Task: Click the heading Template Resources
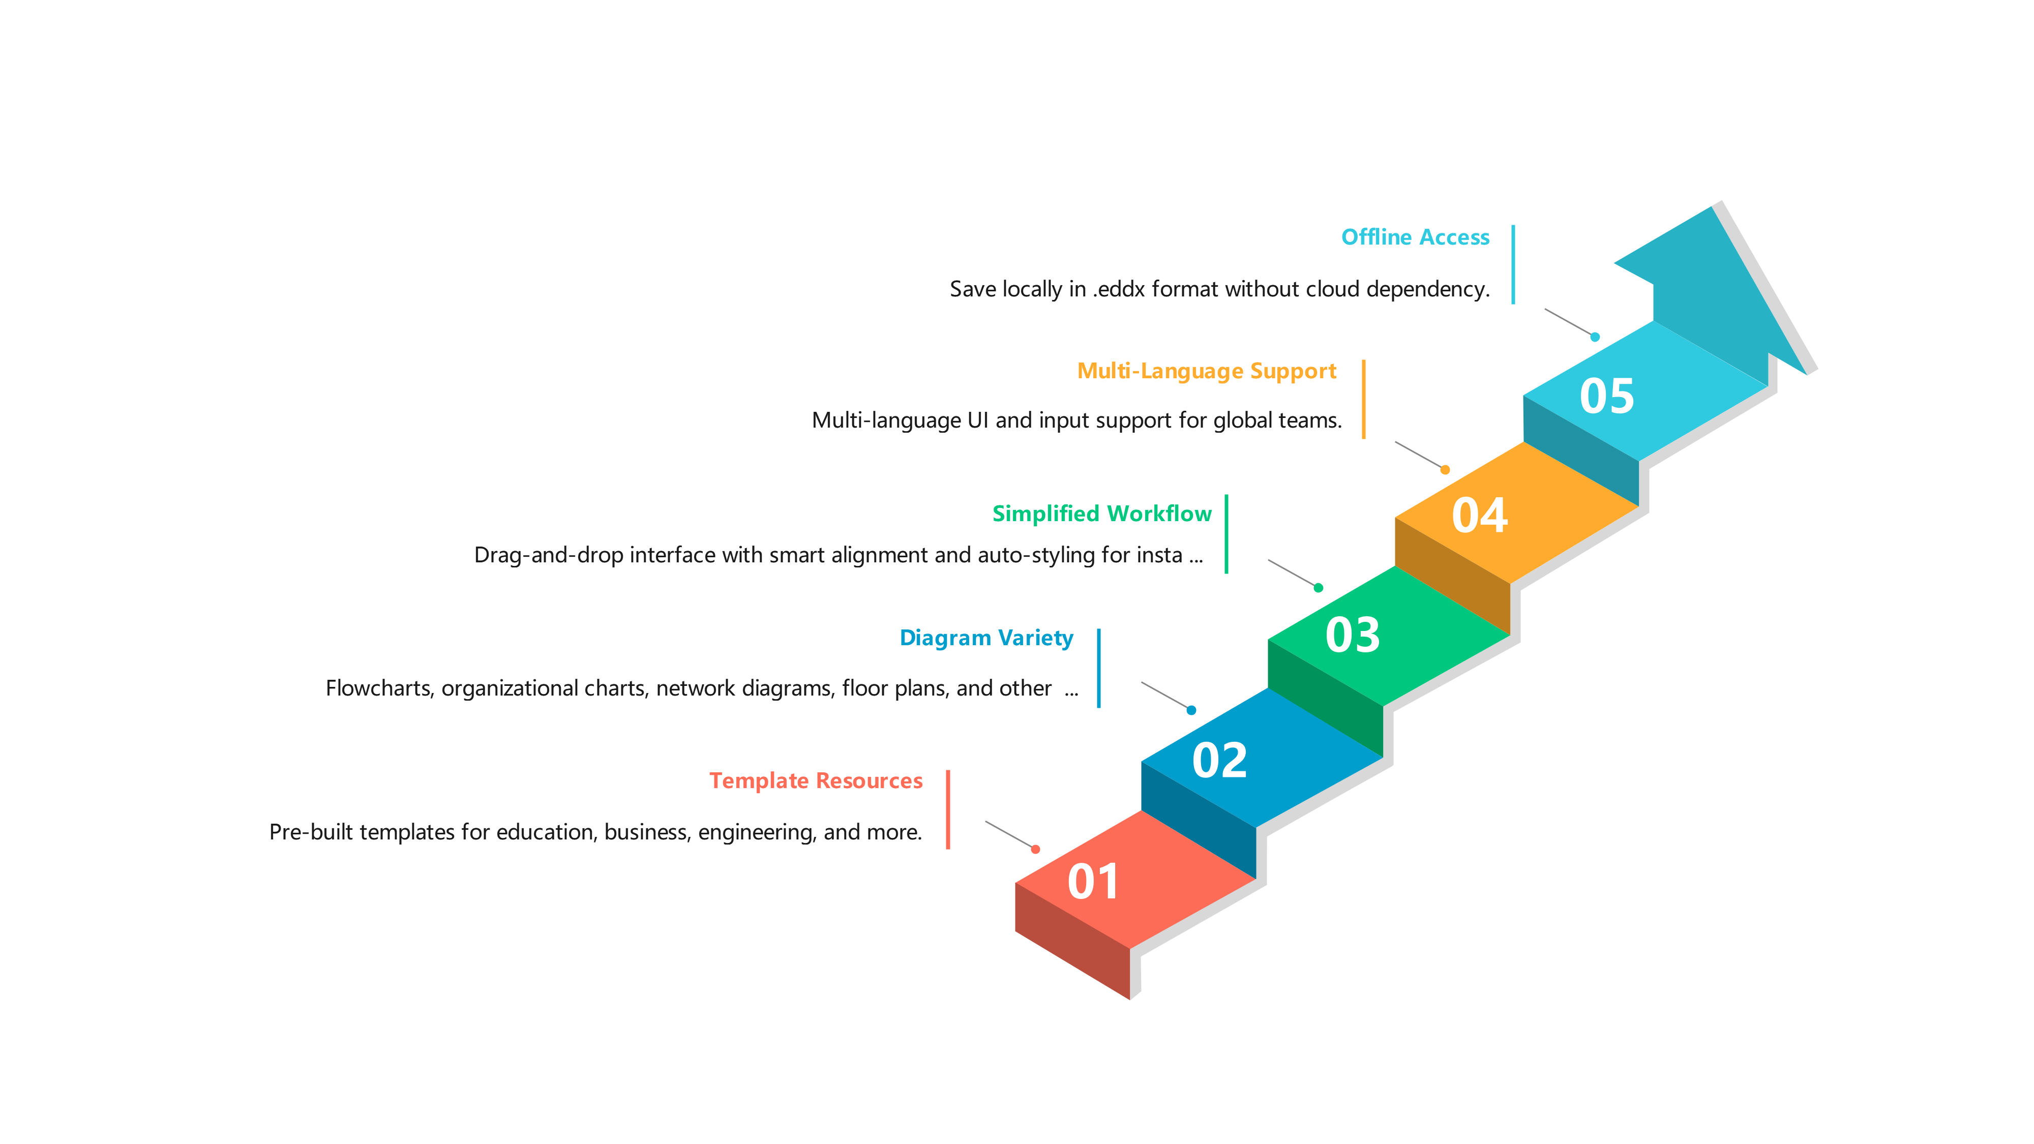[816, 781]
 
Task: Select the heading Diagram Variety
[986, 638]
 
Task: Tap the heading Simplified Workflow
[1101, 514]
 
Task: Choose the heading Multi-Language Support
[1207, 371]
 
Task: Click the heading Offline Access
[1415, 237]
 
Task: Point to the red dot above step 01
[1035, 850]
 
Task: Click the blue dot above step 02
[1191, 711]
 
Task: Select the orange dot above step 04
[1445, 470]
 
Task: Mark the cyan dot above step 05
[1595, 337]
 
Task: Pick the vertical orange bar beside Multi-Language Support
[1364, 399]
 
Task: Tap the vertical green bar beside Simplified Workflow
[1226, 534]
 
